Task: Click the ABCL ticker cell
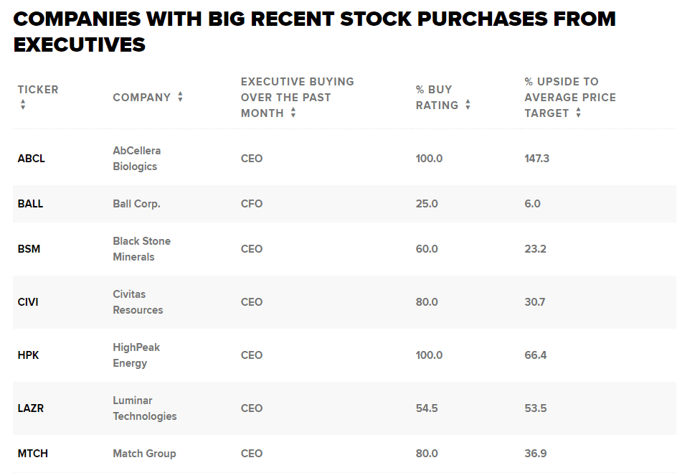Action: pos(31,159)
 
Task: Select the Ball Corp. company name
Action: pos(136,204)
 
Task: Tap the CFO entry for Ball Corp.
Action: pos(252,204)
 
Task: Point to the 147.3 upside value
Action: pos(536,159)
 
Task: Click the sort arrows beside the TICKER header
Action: pos(23,105)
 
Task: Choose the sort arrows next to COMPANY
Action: pos(180,97)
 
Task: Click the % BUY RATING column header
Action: pos(437,98)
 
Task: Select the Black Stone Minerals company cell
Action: pos(141,249)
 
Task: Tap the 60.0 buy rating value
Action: pos(427,249)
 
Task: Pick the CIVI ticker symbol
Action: pos(28,302)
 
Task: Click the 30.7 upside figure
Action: pos(534,302)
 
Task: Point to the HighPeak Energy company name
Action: pos(136,355)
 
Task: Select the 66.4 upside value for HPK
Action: pos(535,355)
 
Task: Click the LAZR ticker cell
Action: pos(31,408)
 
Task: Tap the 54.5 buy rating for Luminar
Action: pos(427,408)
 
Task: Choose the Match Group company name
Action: pos(144,454)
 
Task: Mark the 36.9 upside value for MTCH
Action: pos(535,454)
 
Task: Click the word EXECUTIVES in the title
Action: pos(80,45)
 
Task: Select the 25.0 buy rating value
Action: pos(427,204)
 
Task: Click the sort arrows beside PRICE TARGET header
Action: pos(578,113)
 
